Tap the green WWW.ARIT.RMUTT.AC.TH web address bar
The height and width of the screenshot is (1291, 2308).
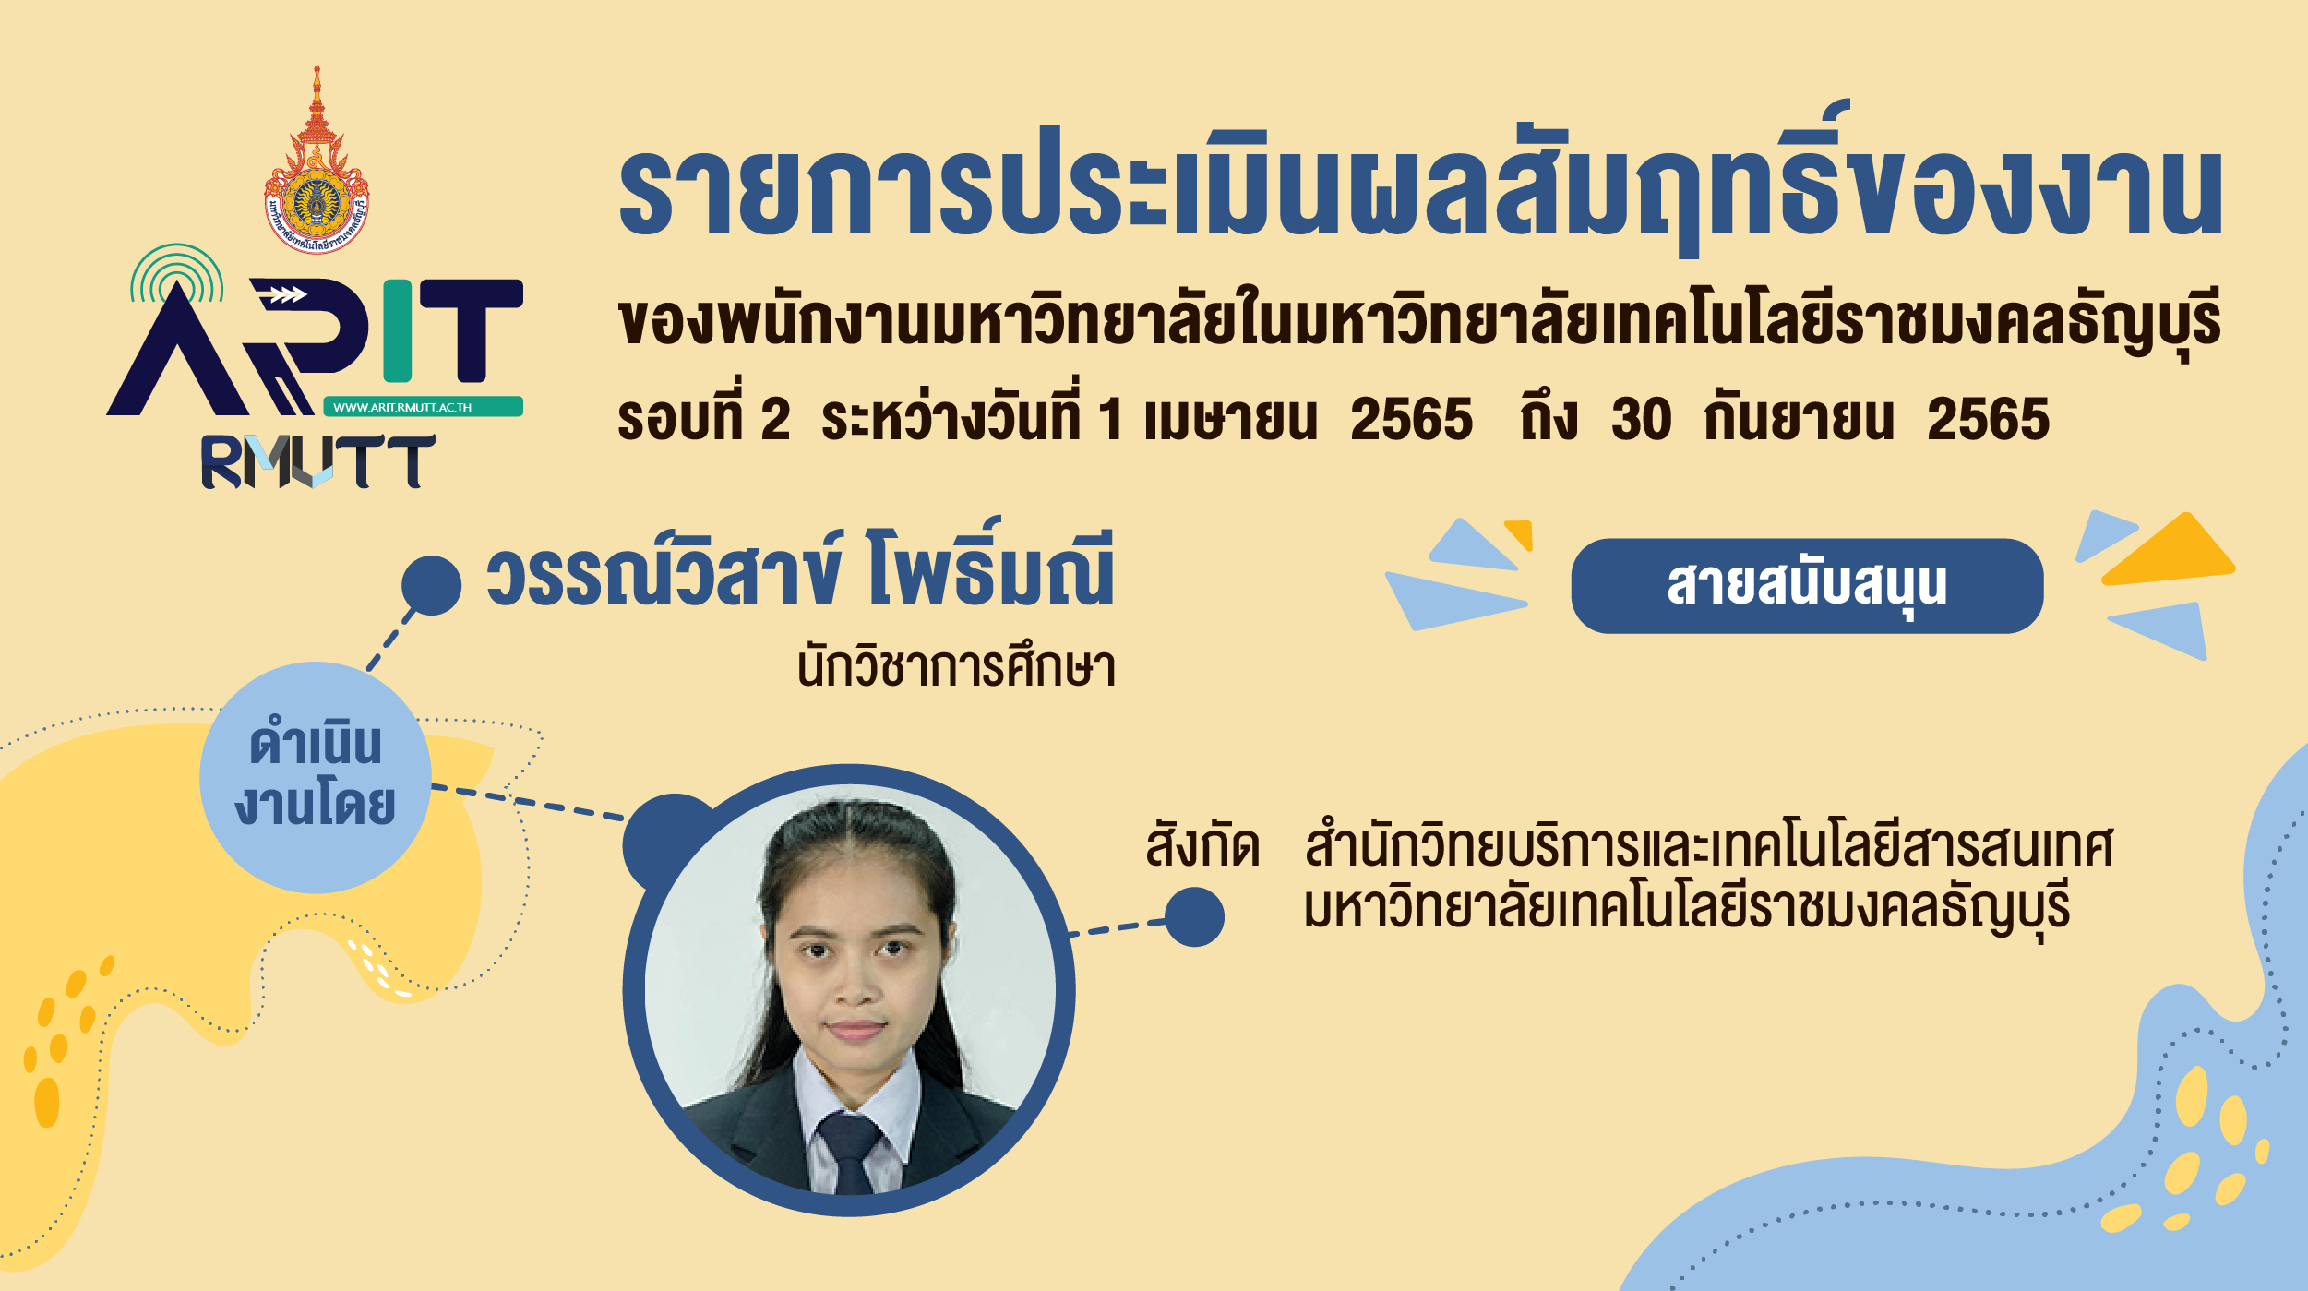click(424, 407)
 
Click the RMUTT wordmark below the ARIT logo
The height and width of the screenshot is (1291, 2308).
click(317, 461)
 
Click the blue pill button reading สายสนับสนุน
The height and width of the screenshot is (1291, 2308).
click(1807, 586)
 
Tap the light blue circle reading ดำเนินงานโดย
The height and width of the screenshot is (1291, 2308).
click(316, 777)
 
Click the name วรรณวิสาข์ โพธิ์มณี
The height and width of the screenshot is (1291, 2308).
click(800, 570)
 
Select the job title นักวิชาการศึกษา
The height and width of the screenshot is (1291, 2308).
click(957, 666)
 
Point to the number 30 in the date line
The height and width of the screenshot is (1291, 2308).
click(1642, 420)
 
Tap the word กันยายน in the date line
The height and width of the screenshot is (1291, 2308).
click(1799, 417)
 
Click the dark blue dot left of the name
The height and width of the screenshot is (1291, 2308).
click(431, 585)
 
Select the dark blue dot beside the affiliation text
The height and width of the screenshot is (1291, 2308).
click(1194, 916)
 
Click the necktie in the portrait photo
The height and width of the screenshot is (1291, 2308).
click(850, 1153)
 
